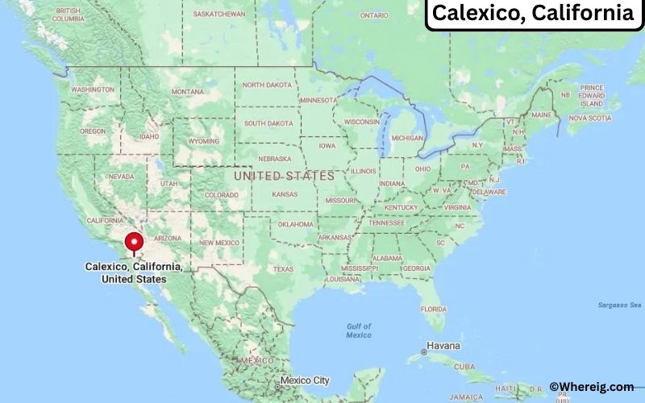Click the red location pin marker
(x=134, y=243)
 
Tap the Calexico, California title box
(x=532, y=14)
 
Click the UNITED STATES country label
(x=283, y=175)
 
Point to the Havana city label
(x=443, y=346)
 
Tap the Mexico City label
(x=303, y=380)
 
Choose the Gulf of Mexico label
(x=359, y=330)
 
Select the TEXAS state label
(x=283, y=268)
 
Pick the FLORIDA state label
(x=434, y=309)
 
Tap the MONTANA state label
(x=187, y=91)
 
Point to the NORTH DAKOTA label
(x=267, y=85)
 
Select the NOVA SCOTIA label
(x=589, y=118)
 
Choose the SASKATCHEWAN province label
(x=220, y=15)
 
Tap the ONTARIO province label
(x=374, y=15)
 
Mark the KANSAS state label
(x=285, y=194)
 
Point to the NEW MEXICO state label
(x=218, y=242)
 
